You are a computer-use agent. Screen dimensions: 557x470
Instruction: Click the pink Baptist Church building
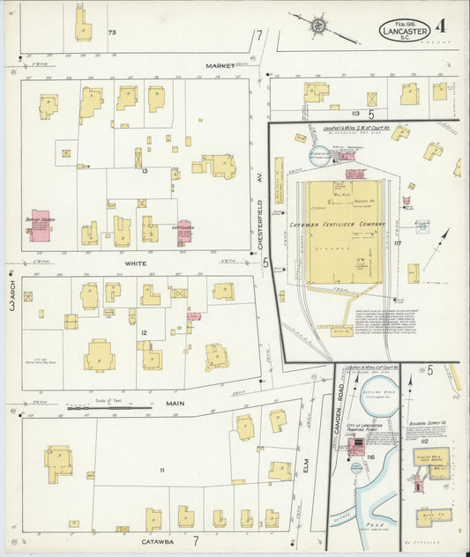tap(41, 226)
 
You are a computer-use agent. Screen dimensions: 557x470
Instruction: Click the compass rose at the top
tap(317, 26)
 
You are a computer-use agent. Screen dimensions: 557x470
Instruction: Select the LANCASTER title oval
tap(405, 29)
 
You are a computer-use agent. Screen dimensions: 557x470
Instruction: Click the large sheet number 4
tap(441, 26)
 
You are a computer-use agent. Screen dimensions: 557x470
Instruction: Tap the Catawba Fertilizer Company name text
tap(339, 225)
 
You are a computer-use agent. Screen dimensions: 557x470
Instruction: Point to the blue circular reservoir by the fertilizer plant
tap(318, 157)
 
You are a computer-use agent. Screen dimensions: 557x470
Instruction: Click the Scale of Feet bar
tap(109, 408)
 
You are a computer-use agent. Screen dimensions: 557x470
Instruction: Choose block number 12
tap(143, 332)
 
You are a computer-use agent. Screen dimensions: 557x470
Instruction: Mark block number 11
tap(161, 471)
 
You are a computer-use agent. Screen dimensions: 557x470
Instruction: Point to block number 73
tap(112, 33)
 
